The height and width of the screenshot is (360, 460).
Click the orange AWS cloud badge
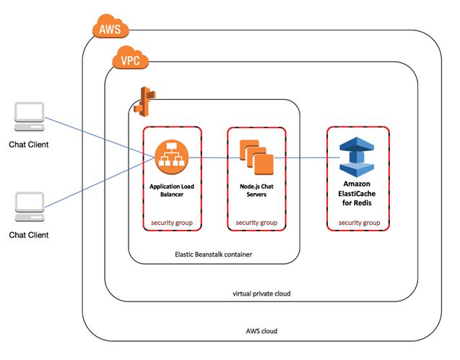110,30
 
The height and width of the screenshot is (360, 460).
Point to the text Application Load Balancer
171,190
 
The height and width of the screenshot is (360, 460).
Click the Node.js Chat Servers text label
256,190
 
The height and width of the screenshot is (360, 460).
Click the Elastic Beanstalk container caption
214,254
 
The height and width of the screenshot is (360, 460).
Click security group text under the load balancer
171,222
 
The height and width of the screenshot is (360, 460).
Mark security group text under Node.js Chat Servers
256,222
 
